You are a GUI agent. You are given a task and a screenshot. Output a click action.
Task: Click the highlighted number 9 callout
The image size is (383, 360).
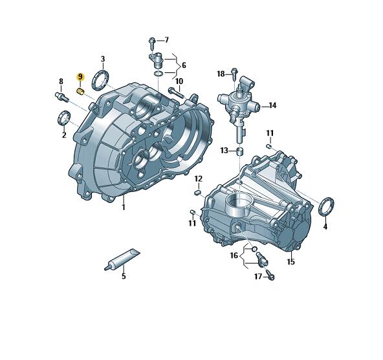click(80, 77)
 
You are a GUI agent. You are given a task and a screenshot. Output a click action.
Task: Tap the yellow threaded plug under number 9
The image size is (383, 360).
click(81, 92)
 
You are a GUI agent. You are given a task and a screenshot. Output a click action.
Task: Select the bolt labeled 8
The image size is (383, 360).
click(61, 97)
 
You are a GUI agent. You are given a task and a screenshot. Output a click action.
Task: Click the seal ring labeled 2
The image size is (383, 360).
click(64, 118)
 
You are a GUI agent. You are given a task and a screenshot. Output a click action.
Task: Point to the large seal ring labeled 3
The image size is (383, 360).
click(100, 80)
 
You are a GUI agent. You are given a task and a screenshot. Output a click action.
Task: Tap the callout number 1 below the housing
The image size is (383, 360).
click(124, 207)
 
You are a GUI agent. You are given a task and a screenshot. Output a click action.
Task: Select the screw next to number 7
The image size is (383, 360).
click(152, 44)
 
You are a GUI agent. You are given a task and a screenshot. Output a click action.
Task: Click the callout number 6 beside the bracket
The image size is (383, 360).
click(184, 65)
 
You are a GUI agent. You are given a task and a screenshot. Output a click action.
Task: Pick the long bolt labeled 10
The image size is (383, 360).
click(175, 92)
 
